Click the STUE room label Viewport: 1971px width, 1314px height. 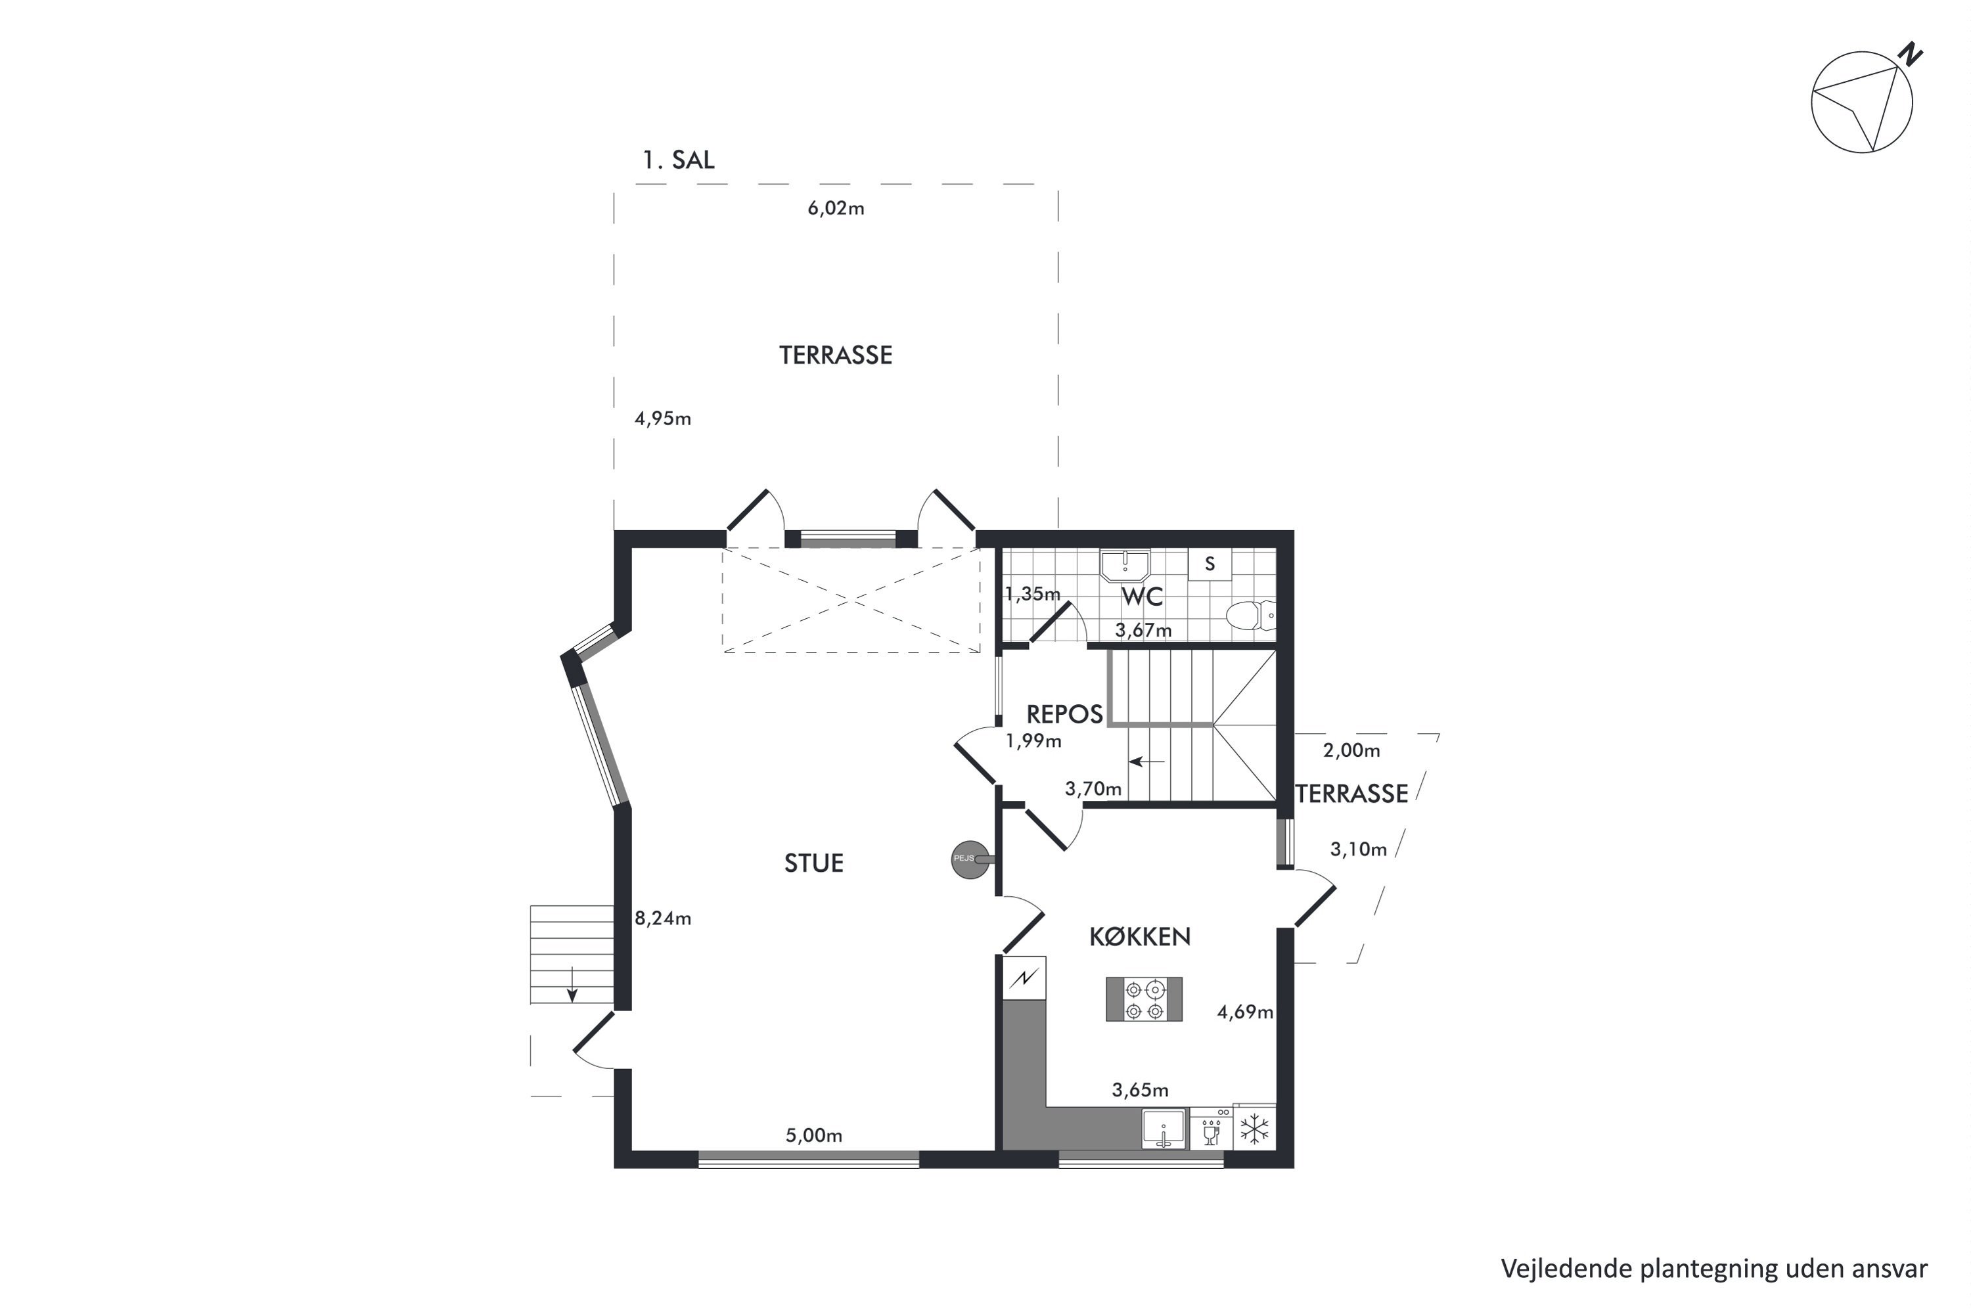click(x=814, y=863)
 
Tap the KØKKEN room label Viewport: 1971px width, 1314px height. click(x=1140, y=936)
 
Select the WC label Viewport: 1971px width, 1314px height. click(x=1143, y=597)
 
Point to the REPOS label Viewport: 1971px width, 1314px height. click(x=1064, y=714)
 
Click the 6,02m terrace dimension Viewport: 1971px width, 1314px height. click(x=836, y=208)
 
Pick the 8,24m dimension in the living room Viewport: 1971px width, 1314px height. click(x=663, y=918)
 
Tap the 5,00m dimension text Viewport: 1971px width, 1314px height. click(x=814, y=1135)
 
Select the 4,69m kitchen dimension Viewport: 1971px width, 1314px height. click(x=1245, y=1012)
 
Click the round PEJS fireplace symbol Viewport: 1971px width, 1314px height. click(x=970, y=859)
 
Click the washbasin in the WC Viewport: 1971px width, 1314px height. click(x=1125, y=566)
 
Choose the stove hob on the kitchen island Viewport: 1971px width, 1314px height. click(x=1144, y=999)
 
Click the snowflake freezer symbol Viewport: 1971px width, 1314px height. click(x=1254, y=1128)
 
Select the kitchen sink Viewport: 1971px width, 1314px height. click(x=1164, y=1129)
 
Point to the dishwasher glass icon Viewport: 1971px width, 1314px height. click(x=1211, y=1134)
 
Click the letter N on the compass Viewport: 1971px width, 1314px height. click(x=1911, y=55)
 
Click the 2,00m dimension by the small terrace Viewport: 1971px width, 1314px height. click(x=1351, y=751)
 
